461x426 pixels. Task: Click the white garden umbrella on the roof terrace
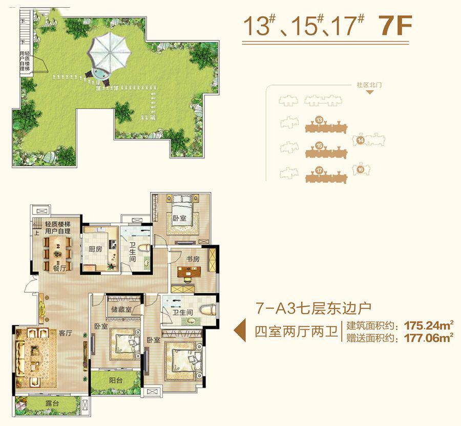(109, 51)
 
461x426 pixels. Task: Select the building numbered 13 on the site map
(326, 125)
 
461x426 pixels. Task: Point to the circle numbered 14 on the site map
(361, 140)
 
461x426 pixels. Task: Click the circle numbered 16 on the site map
(361, 169)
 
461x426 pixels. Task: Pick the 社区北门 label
(369, 85)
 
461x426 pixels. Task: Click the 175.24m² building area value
(429, 326)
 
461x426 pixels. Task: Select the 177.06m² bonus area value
(429, 338)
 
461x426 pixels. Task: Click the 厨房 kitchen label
(95, 249)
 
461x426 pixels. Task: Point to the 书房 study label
(193, 259)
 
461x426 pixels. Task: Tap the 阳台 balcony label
(116, 380)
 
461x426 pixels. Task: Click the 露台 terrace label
(52, 403)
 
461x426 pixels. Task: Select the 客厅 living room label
(65, 333)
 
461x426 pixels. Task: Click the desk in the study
(190, 272)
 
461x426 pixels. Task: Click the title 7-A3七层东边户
(313, 308)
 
